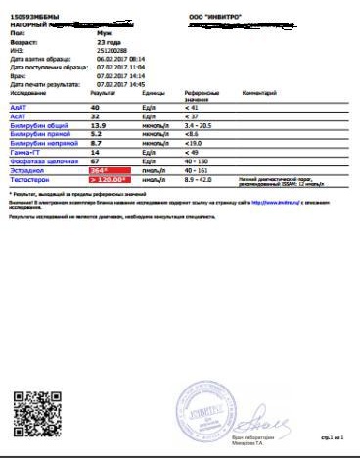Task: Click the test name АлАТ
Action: click(x=19, y=107)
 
